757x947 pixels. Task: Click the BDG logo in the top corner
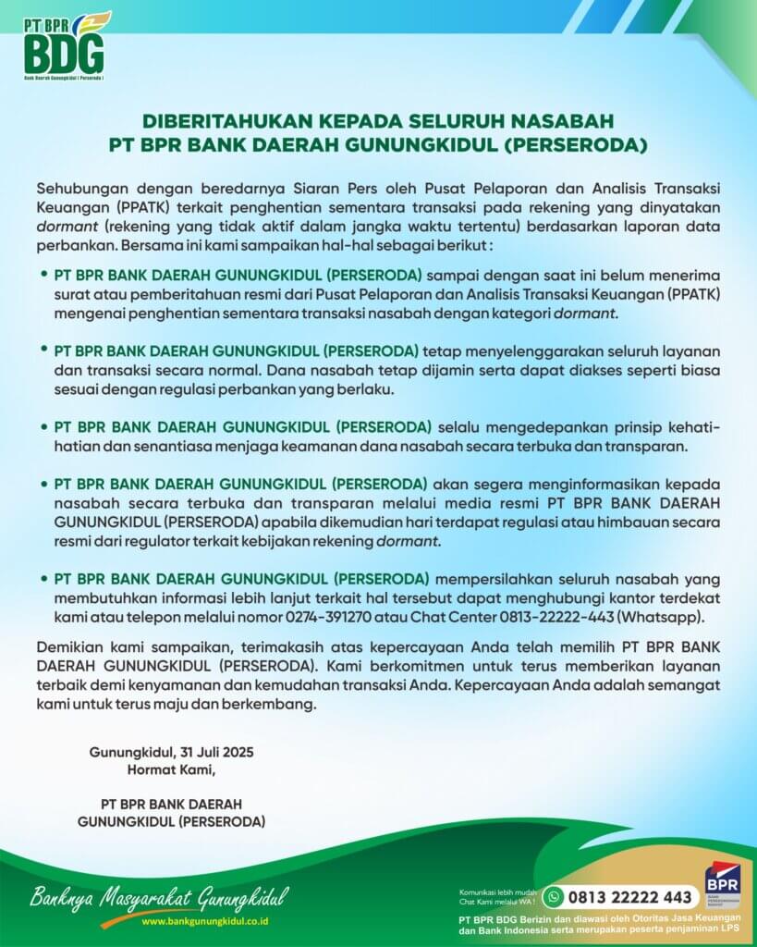pos(64,46)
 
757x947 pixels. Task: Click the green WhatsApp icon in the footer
pos(554,896)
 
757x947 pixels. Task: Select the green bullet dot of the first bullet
pos(43,275)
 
